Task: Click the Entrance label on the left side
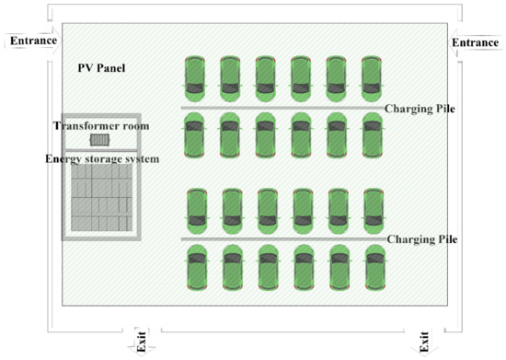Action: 33,41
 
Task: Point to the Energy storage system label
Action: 102,159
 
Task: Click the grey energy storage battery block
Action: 100,199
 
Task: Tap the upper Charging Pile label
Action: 421,109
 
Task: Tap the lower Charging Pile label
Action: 422,239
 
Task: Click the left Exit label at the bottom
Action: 141,343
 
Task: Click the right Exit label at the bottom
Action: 424,343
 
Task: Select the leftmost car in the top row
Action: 194,79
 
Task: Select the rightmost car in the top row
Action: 371,79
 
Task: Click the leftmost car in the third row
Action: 196,211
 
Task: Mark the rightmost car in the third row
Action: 373,211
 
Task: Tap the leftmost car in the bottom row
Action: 196,267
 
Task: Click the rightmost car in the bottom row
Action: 373,267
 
